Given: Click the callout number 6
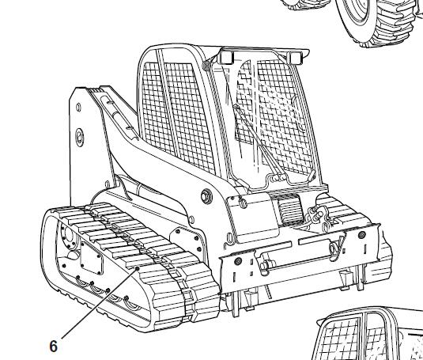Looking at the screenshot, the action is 54,346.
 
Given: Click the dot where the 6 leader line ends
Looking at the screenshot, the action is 137,268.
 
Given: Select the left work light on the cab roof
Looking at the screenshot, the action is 225,58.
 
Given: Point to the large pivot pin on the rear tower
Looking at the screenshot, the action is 80,137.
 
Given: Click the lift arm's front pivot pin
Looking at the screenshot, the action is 206,196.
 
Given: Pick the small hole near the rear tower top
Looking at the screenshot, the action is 78,107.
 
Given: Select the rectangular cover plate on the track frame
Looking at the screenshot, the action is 92,258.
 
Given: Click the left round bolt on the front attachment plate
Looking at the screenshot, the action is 238,260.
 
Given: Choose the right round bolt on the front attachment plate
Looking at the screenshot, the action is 362,234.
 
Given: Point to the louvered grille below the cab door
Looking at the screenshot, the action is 289,209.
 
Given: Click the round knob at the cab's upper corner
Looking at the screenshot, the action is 206,66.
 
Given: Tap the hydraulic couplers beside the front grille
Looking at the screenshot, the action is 317,214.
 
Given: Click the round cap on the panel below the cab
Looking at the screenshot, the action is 243,203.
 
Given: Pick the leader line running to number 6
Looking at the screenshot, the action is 100,303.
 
